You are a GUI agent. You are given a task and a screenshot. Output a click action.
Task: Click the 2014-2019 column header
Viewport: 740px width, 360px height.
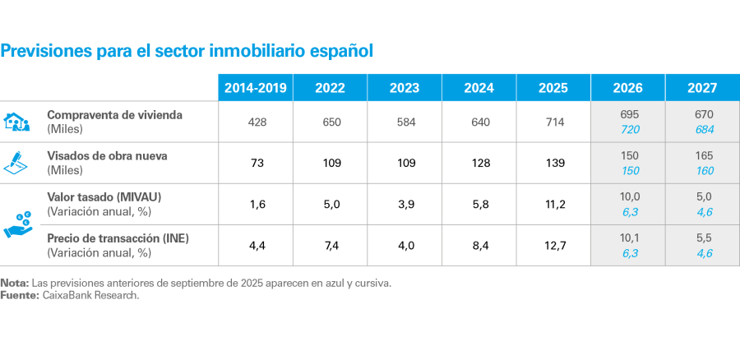255,88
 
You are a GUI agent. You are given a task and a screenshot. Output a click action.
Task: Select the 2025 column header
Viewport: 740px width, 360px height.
553,88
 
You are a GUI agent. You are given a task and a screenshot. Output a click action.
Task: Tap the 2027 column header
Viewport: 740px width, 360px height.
702,88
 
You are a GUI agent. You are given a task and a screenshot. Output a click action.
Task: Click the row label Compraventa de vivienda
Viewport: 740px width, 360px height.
114,115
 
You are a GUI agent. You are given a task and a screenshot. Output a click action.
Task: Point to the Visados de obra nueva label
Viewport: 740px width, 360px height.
110,155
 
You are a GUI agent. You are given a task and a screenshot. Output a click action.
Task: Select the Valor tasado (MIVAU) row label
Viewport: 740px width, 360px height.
104,196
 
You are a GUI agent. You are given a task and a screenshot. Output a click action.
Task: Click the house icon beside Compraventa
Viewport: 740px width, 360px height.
17,122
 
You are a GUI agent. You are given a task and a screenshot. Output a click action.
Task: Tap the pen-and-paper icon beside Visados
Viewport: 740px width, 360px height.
17,162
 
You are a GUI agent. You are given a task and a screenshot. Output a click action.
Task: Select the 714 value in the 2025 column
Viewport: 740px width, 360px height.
553,122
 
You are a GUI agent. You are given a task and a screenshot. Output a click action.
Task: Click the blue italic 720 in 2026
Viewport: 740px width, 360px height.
628,131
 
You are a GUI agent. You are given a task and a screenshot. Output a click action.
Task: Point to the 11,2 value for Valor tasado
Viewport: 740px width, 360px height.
553,205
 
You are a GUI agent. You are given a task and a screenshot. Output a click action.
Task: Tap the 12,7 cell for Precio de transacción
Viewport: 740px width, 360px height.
553,246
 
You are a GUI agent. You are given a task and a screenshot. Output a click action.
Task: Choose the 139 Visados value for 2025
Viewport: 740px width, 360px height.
553,164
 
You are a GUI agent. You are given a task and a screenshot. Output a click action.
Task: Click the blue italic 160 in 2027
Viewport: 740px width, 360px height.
702,172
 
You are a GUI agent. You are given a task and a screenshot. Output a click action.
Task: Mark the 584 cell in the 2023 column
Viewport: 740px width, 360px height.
404,122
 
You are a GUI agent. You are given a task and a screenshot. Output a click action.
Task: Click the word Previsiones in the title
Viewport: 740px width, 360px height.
46,51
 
